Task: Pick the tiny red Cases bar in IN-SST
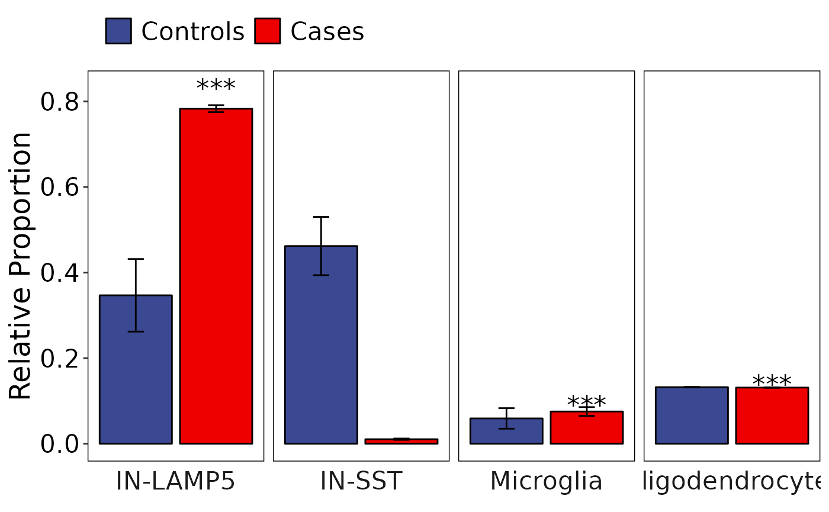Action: pos(401,441)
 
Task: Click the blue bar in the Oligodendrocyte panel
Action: pos(692,415)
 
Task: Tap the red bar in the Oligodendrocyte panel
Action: pos(772,415)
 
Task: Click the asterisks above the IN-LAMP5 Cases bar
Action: pos(216,86)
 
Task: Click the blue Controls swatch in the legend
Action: pos(118,31)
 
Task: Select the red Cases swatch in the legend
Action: pos(268,31)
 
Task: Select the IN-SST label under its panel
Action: pos(361,482)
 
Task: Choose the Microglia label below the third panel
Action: pos(546,482)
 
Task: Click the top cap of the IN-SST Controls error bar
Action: pos(321,217)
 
